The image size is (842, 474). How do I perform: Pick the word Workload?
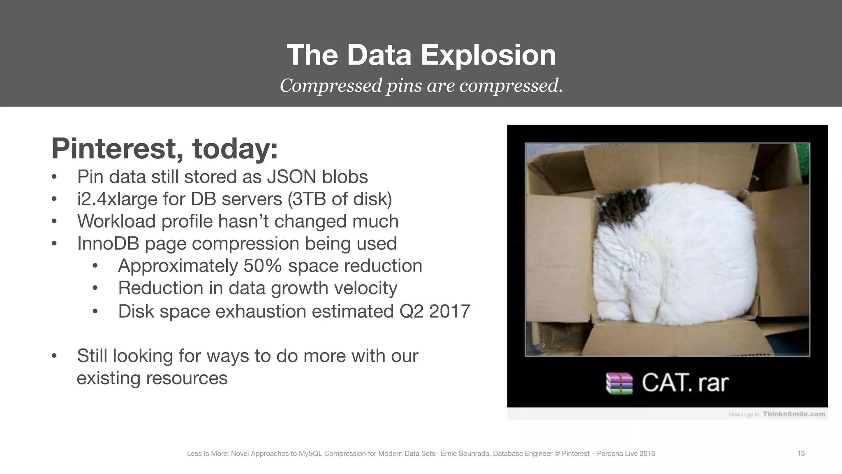point(116,221)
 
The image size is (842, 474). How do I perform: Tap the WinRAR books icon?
point(620,383)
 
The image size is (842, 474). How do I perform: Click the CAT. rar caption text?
point(685,383)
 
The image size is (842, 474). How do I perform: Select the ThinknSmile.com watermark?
point(793,414)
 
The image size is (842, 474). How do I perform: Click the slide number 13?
point(800,453)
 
